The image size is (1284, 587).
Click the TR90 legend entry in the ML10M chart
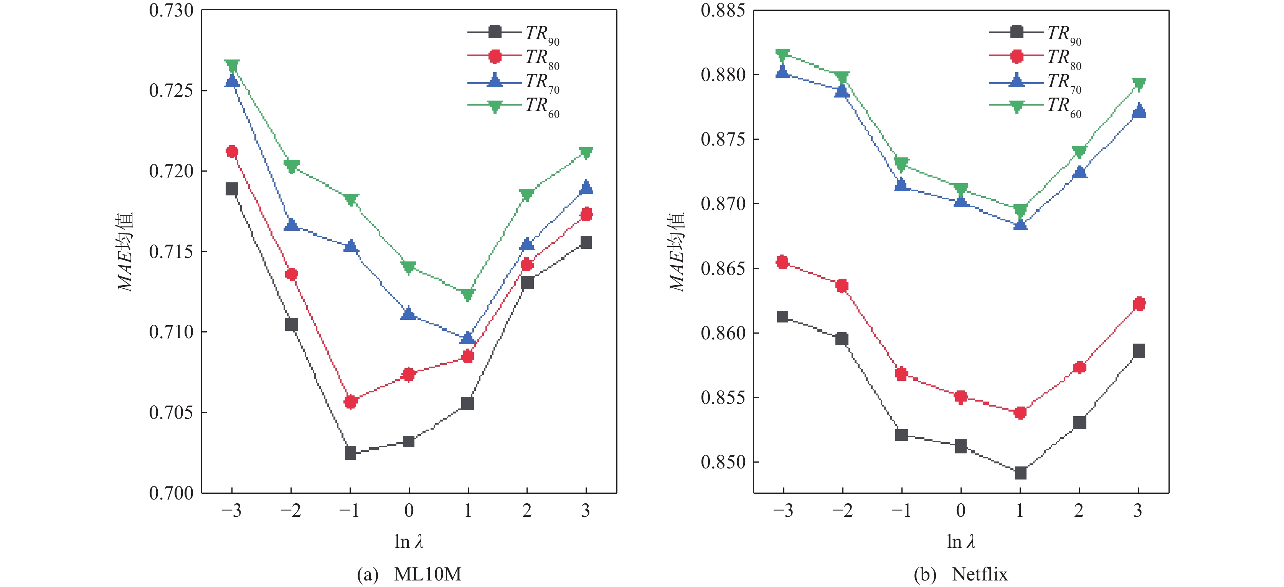[x=513, y=33]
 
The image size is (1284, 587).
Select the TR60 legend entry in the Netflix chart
[x=1035, y=106]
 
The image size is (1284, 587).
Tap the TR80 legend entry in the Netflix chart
[x=1035, y=57]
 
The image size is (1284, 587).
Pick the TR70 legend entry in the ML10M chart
[x=513, y=81]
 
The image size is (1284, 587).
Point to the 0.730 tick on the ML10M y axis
[x=171, y=10]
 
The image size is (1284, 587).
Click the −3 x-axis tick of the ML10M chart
[x=231, y=510]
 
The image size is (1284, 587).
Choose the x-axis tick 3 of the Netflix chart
[x=1138, y=510]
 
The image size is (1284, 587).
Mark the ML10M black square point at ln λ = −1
[x=350, y=453]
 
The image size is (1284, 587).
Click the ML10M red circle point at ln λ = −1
[x=350, y=402]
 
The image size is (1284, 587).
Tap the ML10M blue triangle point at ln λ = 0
[x=409, y=314]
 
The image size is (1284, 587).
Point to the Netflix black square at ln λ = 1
[x=1020, y=472]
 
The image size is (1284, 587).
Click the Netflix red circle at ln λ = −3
[x=782, y=262]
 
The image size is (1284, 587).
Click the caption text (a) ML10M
[x=409, y=575]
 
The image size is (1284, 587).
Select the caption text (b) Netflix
[x=961, y=575]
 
